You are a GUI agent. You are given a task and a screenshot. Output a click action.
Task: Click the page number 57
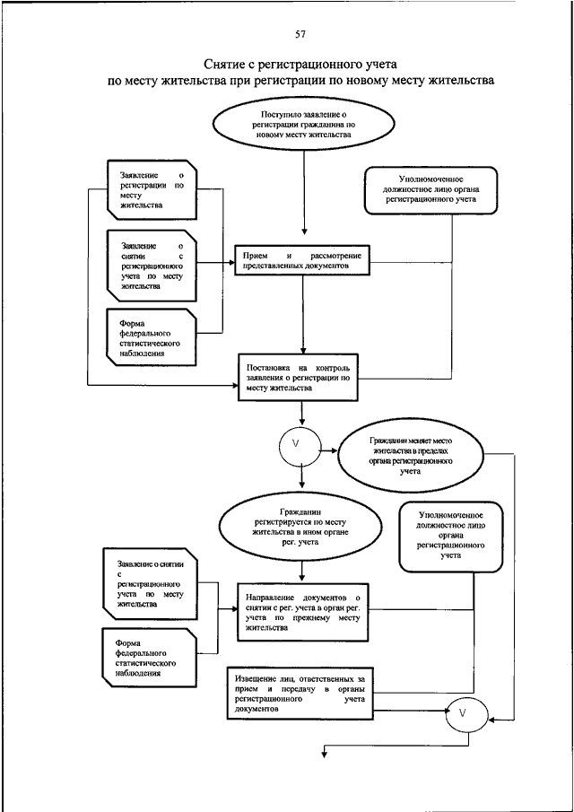300,35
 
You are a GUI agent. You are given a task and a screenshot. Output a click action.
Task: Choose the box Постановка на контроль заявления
298,378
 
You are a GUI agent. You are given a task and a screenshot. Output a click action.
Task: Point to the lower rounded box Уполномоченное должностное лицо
451,536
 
